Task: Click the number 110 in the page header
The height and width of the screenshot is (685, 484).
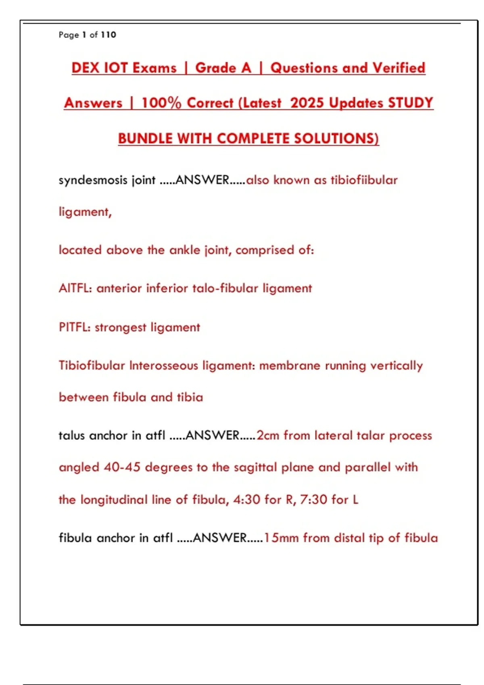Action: [108, 35]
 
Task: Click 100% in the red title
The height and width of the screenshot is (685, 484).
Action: [161, 103]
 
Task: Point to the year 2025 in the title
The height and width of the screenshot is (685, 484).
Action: [307, 103]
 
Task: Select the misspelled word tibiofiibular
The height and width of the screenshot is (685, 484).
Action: [364, 180]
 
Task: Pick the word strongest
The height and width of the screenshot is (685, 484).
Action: [120, 327]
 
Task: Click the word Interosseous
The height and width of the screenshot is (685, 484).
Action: [163, 365]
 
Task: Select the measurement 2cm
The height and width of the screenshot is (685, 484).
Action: [268, 436]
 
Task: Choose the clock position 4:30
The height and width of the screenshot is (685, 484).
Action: [247, 500]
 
